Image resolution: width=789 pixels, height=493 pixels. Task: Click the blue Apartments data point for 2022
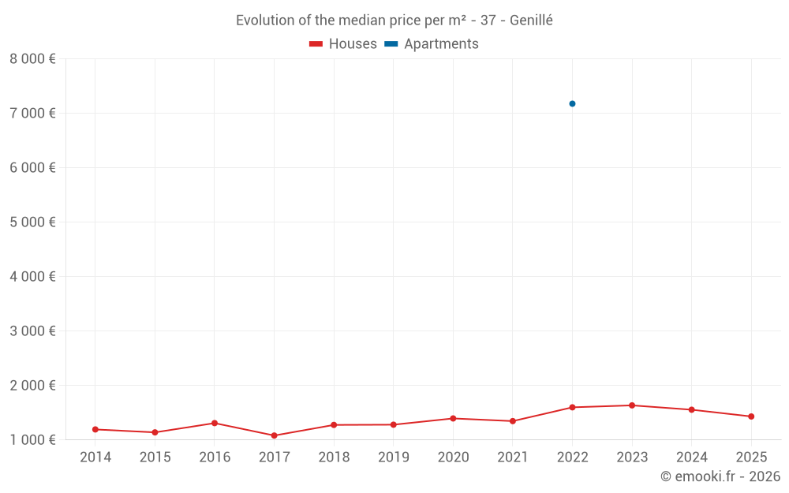pos(572,103)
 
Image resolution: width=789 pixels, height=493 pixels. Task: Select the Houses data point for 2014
pos(95,429)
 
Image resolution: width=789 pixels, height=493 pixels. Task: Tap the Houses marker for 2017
pos(274,435)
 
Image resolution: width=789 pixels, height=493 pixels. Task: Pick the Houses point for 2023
pos(632,405)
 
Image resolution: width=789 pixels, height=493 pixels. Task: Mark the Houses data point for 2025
pos(751,416)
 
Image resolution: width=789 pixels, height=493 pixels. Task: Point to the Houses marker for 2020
pos(453,418)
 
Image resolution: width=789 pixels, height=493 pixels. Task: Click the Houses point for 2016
pos(215,423)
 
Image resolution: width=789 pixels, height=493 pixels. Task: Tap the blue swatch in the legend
pos(391,44)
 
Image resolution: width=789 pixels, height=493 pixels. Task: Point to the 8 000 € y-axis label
pos(32,58)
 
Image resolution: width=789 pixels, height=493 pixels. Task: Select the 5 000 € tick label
pos(32,222)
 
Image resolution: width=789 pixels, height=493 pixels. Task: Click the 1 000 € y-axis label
pos(32,439)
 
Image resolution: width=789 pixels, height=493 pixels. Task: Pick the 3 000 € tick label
pos(32,331)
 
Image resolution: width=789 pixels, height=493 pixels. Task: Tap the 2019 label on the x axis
pos(394,457)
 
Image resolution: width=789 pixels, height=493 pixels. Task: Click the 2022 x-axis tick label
pos(572,457)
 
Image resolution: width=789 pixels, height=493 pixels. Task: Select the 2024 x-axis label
pos(692,457)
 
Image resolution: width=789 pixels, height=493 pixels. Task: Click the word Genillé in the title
pos(531,21)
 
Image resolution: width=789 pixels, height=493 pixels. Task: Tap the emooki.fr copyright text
pos(720,476)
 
